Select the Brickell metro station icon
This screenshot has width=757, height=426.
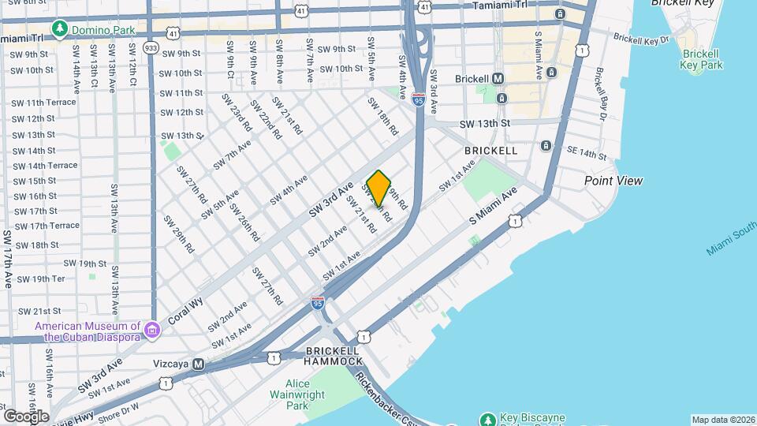(498, 79)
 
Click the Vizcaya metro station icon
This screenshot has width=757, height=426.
(198, 364)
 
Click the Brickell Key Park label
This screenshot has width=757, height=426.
(701, 59)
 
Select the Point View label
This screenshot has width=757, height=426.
(613, 181)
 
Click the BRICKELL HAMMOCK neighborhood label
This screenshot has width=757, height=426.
(332, 355)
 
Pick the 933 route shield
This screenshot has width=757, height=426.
(151, 48)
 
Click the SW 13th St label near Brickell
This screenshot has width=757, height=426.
(485, 124)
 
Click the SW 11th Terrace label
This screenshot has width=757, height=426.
(43, 103)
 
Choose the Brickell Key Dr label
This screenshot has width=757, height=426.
(641, 38)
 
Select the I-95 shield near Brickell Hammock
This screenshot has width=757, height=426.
(317, 303)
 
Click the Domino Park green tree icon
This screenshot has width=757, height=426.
(58, 29)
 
